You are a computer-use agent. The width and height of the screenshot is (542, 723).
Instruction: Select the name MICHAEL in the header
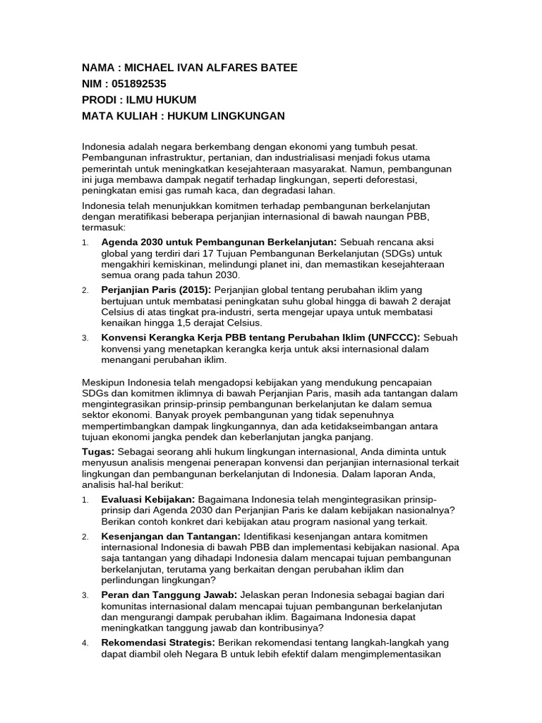[148, 67]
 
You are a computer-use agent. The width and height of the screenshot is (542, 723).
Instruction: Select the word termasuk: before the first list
[104, 228]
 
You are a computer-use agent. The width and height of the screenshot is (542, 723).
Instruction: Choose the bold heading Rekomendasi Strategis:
[159, 643]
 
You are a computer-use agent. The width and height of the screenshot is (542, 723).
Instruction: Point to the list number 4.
[85, 643]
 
